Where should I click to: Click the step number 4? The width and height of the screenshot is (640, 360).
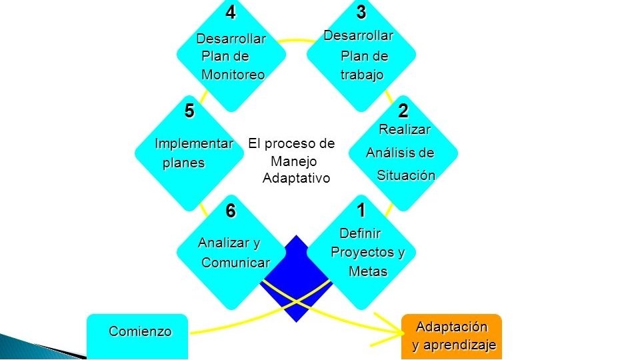click(x=230, y=13)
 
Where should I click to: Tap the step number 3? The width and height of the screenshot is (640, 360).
click(x=361, y=13)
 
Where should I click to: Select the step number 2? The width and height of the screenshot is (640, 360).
click(x=403, y=110)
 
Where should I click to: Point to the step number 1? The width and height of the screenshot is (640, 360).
click(x=361, y=211)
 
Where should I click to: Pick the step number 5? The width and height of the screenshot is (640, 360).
click(x=190, y=110)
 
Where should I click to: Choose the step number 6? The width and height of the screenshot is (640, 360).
click(x=230, y=211)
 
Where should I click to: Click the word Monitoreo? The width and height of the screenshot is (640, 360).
click(x=233, y=75)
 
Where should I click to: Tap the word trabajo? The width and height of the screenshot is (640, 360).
click(x=362, y=75)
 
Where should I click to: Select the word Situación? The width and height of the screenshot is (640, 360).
click(x=406, y=175)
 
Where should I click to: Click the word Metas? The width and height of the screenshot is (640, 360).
click(x=367, y=271)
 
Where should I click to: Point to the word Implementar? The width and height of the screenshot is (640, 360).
click(x=194, y=143)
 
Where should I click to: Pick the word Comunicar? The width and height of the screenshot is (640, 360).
click(x=235, y=263)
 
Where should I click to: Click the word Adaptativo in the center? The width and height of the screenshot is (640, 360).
click(x=296, y=179)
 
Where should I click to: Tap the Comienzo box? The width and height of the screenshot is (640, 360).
click(x=137, y=335)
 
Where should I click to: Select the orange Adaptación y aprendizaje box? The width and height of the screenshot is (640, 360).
click(x=451, y=337)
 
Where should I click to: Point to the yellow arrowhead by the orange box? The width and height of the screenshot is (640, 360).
click(x=393, y=328)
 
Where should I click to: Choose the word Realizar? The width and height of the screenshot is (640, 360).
click(x=404, y=129)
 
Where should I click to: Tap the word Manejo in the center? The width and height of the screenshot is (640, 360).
click(x=294, y=161)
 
